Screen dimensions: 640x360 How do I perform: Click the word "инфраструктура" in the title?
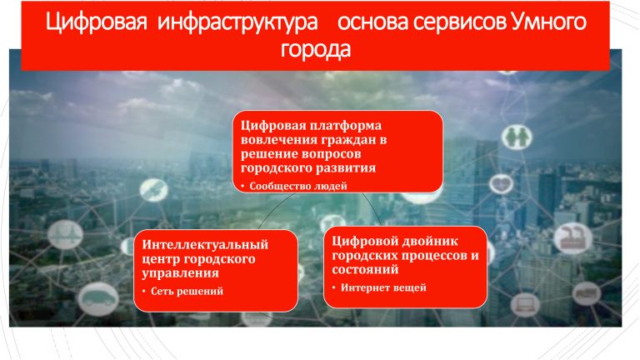coord(237,22)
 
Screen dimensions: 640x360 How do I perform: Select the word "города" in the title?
coord(316,50)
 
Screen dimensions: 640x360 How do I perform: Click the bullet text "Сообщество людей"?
coord(298,186)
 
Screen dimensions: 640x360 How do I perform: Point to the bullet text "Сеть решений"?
coord(187,291)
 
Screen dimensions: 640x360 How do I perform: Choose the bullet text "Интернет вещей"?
coord(383,287)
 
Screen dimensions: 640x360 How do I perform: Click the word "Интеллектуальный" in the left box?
coord(205,244)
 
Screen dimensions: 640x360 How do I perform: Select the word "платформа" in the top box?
coord(346,125)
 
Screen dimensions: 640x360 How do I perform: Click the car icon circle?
coord(98,299)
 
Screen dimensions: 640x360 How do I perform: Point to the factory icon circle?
coord(573,238)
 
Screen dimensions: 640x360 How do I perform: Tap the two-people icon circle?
coord(517,137)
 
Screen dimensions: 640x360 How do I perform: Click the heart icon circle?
coord(501,183)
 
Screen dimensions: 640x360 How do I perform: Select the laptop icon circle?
coord(525,304)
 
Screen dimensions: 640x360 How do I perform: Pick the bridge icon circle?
coord(65,235)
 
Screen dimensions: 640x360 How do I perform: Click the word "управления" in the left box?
coord(180,273)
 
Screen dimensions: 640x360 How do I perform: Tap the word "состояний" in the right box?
coord(365,269)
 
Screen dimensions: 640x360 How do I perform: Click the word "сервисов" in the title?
coord(460,22)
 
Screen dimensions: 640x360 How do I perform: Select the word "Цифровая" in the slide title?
coord(96,22)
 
